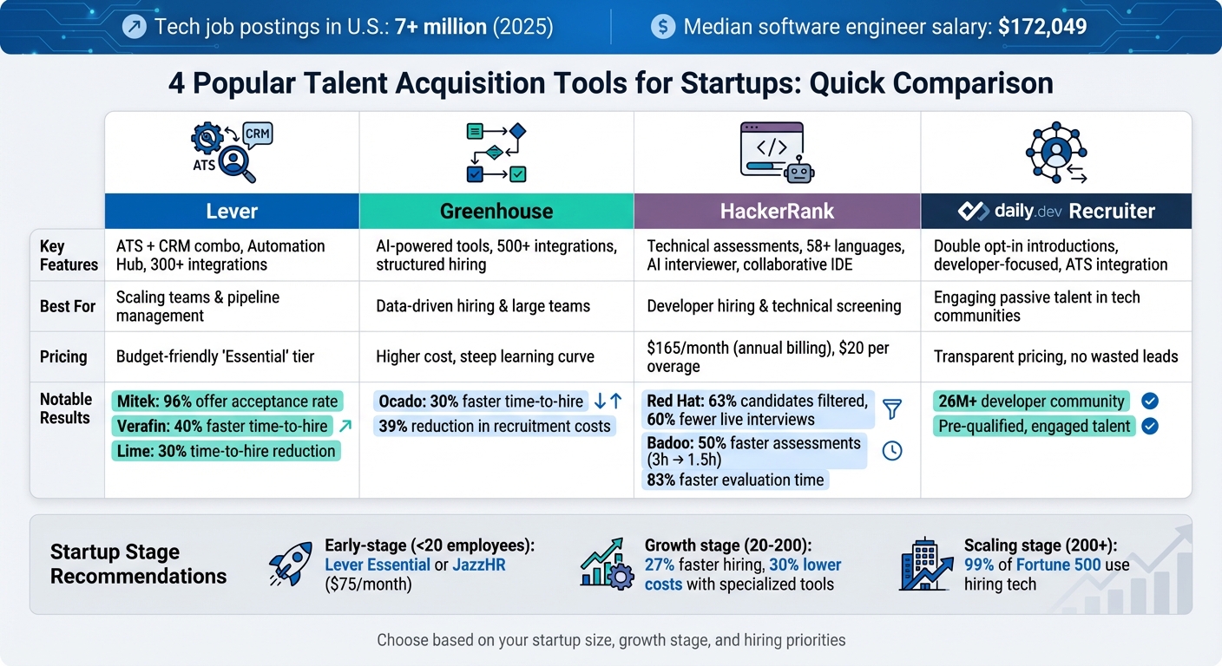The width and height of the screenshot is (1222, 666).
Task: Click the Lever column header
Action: click(232, 212)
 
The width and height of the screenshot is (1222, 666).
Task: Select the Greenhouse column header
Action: click(496, 212)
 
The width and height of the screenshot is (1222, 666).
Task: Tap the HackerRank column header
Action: click(777, 212)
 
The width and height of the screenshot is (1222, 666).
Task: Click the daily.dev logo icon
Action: click(976, 211)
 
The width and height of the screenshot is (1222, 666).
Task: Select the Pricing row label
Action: click(63, 356)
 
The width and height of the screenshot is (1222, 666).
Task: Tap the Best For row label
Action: click(66, 306)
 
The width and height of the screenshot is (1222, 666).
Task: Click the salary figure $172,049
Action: click(1042, 27)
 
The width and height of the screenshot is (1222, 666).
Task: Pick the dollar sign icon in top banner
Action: click(663, 27)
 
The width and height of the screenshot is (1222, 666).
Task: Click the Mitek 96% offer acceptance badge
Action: click(227, 402)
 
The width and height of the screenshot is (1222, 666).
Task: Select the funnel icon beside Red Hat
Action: click(891, 409)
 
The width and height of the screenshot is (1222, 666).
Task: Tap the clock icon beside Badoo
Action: click(891, 451)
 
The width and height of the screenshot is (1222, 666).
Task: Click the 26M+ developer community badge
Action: click(1031, 402)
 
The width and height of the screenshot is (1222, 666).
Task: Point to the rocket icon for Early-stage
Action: click(291, 565)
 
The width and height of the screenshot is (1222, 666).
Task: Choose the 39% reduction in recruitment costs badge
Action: click(495, 426)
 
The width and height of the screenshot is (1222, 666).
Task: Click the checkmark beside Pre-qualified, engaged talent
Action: click(1150, 426)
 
